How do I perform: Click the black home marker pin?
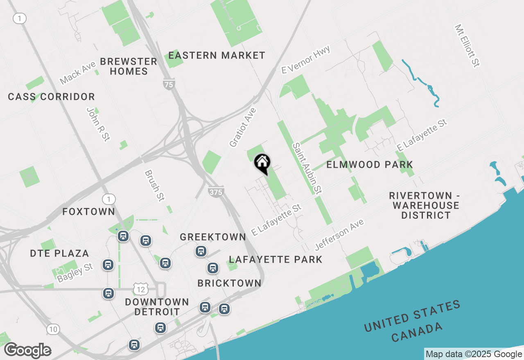(262, 164)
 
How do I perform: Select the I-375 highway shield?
(215, 192)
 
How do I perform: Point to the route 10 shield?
(53, 329)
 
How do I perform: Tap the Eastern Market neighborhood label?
(217, 55)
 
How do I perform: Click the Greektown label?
(213, 237)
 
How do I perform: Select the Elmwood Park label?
(369, 164)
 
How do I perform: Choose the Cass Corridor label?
(52, 97)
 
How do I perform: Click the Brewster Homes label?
(129, 66)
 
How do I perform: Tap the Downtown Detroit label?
(157, 307)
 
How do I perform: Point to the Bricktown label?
(229, 283)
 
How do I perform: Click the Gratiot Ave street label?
(243, 127)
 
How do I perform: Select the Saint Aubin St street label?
(306, 168)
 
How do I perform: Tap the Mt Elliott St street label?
(467, 45)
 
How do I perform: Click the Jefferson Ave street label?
(339, 234)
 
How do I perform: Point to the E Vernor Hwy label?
(306, 60)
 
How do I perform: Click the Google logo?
(27, 351)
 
